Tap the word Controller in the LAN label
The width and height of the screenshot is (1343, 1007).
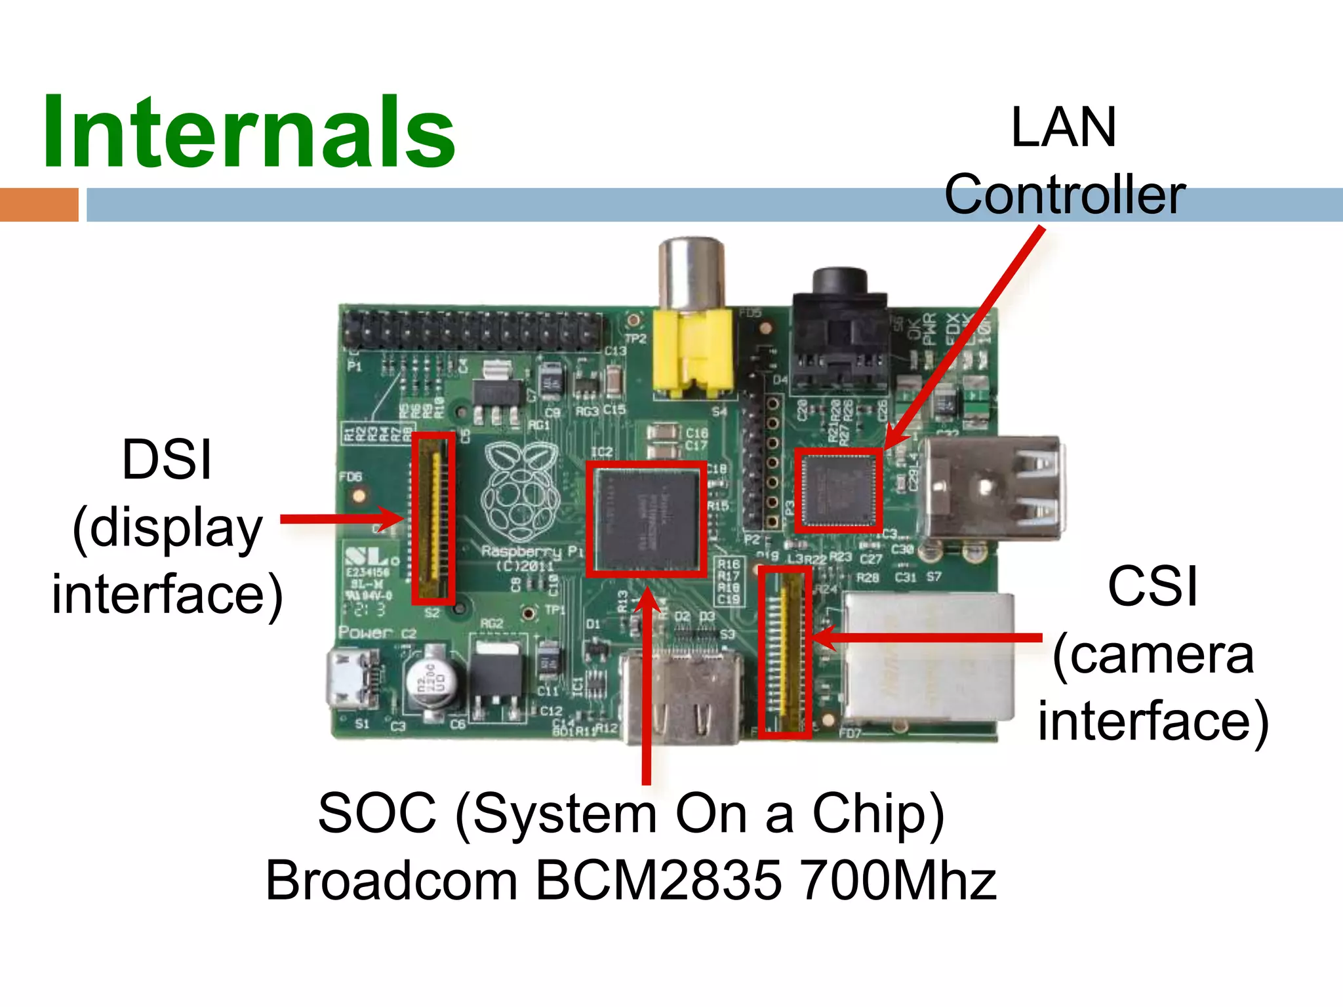(x=1065, y=195)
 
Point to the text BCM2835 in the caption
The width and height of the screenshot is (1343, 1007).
(x=658, y=880)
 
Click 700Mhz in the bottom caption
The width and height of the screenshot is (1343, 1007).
(x=898, y=880)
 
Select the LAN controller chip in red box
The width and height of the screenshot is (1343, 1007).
(x=839, y=490)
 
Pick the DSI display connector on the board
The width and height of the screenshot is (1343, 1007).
(x=433, y=518)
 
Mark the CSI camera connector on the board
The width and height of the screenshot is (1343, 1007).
(x=786, y=652)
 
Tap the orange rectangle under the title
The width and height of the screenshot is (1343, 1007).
(x=39, y=205)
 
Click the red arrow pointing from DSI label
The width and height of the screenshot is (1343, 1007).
(x=341, y=519)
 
